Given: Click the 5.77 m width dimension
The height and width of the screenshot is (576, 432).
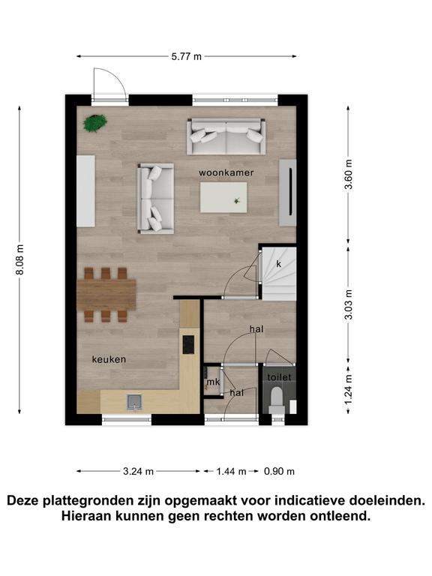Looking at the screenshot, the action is coord(187,56).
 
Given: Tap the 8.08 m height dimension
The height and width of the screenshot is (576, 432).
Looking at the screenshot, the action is coord(19,259).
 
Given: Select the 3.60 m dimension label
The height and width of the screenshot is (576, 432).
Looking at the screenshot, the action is coord(348,174).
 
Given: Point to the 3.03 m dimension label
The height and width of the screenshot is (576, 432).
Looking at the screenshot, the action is coord(348,304).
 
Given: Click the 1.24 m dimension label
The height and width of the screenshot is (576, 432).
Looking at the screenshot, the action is coord(348,389).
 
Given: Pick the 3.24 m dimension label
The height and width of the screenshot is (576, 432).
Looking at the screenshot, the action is coord(138,471).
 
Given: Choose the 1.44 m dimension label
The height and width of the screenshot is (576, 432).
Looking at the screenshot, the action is coord(231,471).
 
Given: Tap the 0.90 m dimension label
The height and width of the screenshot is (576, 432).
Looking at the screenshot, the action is coord(279,471).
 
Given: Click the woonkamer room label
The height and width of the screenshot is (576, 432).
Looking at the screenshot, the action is coord(226,172).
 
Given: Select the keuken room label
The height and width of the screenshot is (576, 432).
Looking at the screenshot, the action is coord(109,359).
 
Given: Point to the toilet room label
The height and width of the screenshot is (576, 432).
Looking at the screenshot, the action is coord(279,377).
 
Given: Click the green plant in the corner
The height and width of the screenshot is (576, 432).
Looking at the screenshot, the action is coord(95,123).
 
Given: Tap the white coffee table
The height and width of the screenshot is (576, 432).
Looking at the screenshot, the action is coord(223,198).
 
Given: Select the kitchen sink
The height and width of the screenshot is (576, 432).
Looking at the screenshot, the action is coord(134,402).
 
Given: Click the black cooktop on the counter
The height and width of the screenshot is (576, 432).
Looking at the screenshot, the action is coord(188,344).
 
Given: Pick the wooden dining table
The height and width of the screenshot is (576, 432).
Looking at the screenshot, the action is coord(106,295).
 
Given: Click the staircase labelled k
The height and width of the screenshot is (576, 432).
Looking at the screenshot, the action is coord(278,274).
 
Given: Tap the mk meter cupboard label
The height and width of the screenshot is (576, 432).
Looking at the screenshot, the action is coord(213,382).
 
